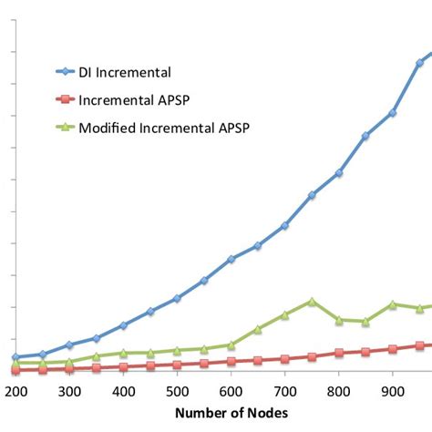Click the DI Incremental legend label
coord(125,71)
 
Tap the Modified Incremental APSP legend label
coord(164,128)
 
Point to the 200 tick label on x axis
coord(15,390)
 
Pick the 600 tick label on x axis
coord(231,390)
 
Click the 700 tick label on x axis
coord(284,390)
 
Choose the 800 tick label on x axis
coord(338,390)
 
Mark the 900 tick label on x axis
coord(392,390)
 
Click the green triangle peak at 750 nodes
coord(312,301)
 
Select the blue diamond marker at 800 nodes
coord(339,172)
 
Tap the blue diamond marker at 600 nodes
coord(231,259)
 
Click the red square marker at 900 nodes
coord(392,349)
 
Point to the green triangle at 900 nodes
coord(392,304)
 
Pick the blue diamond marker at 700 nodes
coord(285,225)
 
